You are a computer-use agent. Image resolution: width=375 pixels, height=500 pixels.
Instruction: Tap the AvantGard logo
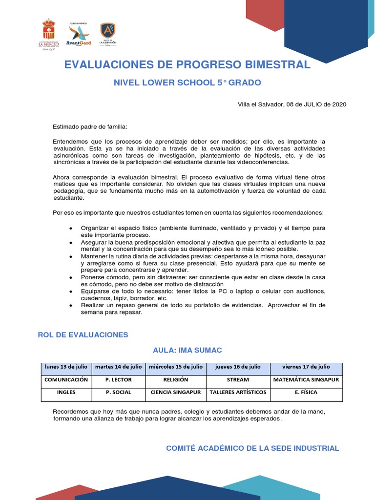(79, 34)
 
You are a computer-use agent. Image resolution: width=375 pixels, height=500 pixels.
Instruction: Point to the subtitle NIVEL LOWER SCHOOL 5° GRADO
(187, 83)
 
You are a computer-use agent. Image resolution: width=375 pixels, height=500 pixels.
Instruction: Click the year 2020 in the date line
(339, 104)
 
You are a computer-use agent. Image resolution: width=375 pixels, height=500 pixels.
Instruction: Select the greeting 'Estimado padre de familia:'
(90, 127)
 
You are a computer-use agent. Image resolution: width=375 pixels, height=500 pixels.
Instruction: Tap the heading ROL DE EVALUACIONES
(83, 335)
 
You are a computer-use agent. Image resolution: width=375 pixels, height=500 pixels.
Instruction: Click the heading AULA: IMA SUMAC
(187, 351)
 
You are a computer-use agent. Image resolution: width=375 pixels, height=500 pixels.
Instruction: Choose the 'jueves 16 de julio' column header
(238, 367)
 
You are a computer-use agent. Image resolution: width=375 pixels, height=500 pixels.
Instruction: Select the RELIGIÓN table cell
(176, 379)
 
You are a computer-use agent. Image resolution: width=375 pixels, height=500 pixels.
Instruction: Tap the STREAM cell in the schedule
(238, 379)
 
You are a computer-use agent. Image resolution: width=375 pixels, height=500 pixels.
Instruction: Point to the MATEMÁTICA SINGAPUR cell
(306, 379)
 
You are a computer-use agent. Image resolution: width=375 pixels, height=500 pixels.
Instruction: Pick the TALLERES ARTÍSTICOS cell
(238, 392)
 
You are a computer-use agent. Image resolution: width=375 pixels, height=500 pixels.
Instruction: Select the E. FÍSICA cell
(306, 392)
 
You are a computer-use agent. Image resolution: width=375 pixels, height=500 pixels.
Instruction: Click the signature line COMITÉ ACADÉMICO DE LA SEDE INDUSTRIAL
(252, 448)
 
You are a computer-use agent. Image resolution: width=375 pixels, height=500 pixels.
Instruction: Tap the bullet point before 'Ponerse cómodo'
(71, 277)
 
